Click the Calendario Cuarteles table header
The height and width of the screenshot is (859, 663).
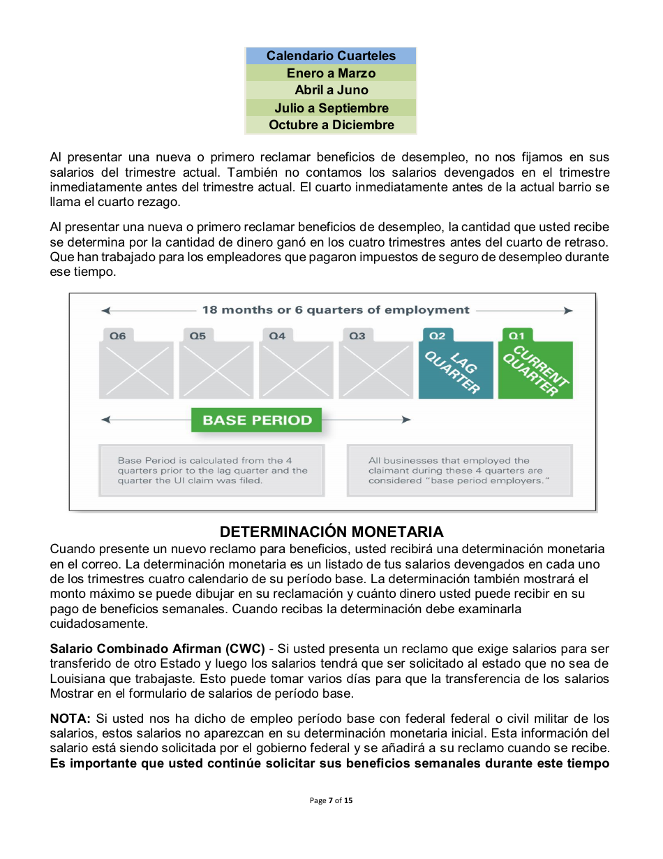pos(331,56)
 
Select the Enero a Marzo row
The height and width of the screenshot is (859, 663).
pos(331,73)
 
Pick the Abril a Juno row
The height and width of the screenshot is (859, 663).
pos(331,90)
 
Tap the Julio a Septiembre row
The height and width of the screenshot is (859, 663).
pos(331,108)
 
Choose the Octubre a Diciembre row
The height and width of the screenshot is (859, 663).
pos(331,126)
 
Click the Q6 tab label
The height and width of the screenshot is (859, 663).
pos(118,336)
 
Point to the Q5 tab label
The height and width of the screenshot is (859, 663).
pos(198,336)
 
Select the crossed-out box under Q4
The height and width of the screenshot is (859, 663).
pos(296,370)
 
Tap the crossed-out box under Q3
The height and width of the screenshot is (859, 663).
pos(375,370)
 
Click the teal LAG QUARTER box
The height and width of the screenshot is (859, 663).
pos(455,370)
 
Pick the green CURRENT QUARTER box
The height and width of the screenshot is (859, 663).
pos(535,370)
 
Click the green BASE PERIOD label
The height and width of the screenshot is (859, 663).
pos(257,420)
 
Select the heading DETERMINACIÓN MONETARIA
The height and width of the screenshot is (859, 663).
pos(331,532)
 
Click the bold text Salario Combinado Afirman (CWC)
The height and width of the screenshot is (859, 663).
pos(157,649)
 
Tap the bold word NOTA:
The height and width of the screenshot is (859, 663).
pos(70,719)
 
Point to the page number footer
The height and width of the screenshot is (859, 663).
pos(331,800)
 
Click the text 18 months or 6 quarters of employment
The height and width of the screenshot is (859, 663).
pos(336,310)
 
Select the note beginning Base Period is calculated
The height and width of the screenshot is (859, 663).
pos(212,471)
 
